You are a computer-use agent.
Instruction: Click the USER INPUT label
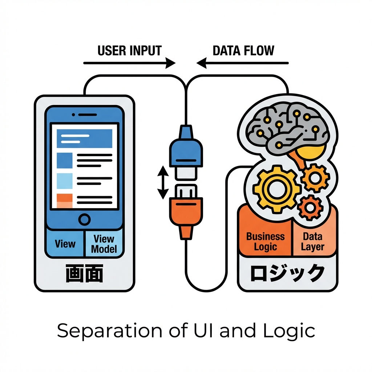click(x=129, y=50)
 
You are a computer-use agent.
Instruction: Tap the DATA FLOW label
click(x=243, y=50)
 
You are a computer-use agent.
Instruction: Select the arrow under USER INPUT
click(x=129, y=63)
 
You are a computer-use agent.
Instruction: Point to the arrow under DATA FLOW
click(x=243, y=63)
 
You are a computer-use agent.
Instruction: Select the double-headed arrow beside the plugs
click(x=162, y=183)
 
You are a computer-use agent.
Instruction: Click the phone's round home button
click(x=84, y=219)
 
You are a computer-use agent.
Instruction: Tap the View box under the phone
click(x=65, y=244)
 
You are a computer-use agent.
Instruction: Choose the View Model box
click(x=104, y=244)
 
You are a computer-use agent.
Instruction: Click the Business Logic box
click(x=265, y=242)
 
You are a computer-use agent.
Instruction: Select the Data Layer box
click(x=313, y=242)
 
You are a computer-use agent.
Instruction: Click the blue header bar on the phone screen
click(x=84, y=138)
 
